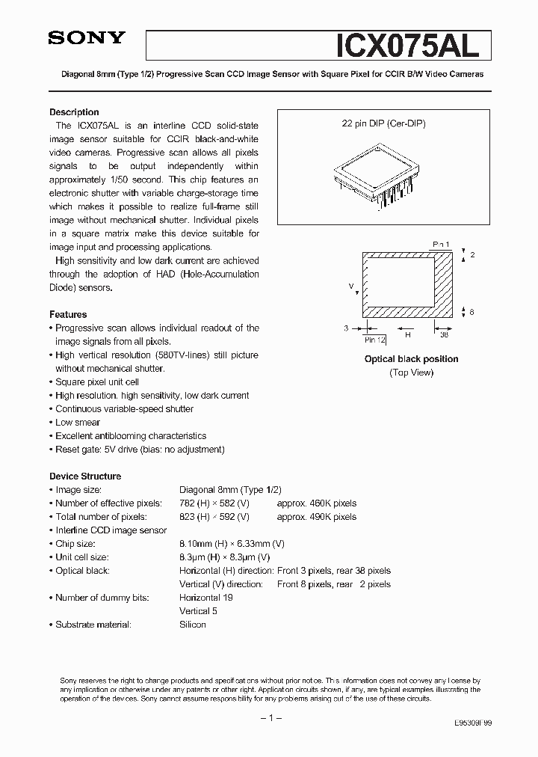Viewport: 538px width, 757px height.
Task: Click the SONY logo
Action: point(87,40)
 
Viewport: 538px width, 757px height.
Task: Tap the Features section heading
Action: point(68,314)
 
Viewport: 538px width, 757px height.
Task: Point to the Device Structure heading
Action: point(85,476)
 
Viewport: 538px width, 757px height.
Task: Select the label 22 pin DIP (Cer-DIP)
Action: point(383,124)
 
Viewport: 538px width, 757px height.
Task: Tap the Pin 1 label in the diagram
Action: point(442,245)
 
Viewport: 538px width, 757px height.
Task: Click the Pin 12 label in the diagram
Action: point(375,339)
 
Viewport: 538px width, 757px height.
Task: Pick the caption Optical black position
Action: point(411,359)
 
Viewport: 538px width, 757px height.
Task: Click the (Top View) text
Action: point(411,373)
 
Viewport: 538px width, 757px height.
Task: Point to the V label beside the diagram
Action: point(350,286)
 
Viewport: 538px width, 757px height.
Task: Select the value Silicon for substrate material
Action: point(193,625)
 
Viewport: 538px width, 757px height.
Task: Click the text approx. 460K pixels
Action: point(317,503)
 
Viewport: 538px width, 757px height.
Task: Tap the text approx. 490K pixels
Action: point(317,517)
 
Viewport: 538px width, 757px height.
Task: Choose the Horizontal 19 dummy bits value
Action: point(206,598)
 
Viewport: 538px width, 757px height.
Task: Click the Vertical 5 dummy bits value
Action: point(199,611)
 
